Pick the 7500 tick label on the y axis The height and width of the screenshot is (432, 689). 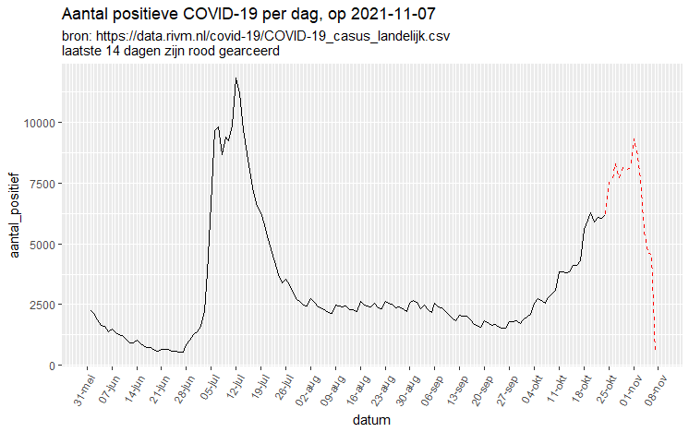46,184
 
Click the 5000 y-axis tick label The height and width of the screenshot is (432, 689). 46,245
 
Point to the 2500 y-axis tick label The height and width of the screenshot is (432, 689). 46,305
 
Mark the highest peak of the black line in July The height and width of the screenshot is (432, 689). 236,78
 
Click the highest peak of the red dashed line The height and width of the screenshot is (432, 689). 634,138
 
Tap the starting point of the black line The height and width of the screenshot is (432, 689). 91,311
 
